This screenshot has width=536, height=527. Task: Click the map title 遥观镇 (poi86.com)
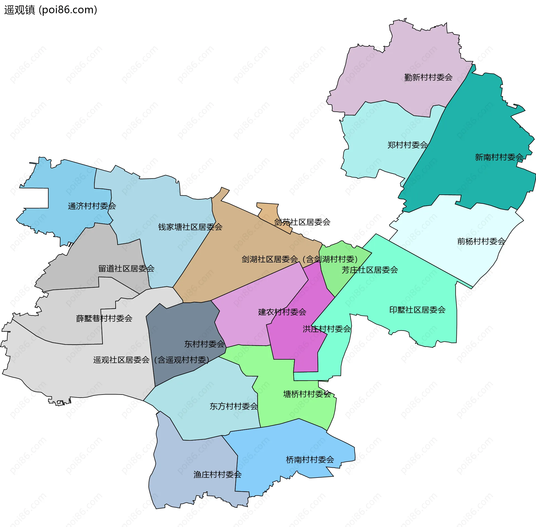pos(51,10)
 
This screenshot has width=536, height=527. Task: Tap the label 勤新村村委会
pos(428,77)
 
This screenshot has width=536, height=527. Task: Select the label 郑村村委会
pos(407,145)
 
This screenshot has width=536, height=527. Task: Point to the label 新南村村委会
pos(499,157)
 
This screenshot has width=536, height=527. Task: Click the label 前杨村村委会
pos(481,241)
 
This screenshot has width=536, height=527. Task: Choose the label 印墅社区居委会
pos(417,310)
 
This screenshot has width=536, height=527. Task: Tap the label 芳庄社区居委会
pos(370,270)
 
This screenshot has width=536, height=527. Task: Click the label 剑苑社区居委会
pos(302,222)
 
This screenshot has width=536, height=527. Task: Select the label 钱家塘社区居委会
pos(190,227)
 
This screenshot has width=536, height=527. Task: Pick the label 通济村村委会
pos(92,206)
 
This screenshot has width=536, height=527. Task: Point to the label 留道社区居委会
pos(126,269)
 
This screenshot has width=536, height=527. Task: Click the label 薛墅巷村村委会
pos(104,318)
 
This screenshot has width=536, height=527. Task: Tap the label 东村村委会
pos(204,344)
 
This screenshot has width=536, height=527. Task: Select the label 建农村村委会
pos(282,312)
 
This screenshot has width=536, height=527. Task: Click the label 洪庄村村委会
pos(327,329)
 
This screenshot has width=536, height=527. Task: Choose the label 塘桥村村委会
pos(307,394)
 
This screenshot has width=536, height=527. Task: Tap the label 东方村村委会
pos(234,406)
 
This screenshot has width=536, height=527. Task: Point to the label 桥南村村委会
pos(310,460)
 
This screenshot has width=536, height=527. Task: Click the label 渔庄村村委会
pos(217,474)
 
